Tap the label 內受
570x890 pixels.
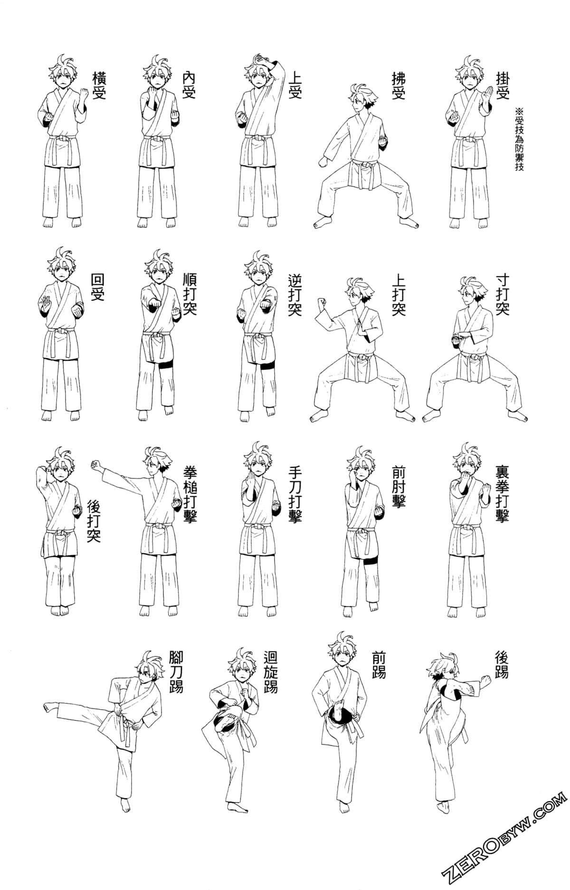pyautogui.click(x=189, y=85)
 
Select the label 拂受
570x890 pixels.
pyautogui.click(x=399, y=85)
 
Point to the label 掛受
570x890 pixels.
pyautogui.click(x=503, y=85)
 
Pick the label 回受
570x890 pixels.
pyautogui.click(x=97, y=287)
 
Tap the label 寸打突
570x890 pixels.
pyautogui.click(x=502, y=294)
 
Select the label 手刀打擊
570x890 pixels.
pyautogui.click(x=294, y=494)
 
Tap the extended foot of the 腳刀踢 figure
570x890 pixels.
pyautogui.click(x=50, y=709)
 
